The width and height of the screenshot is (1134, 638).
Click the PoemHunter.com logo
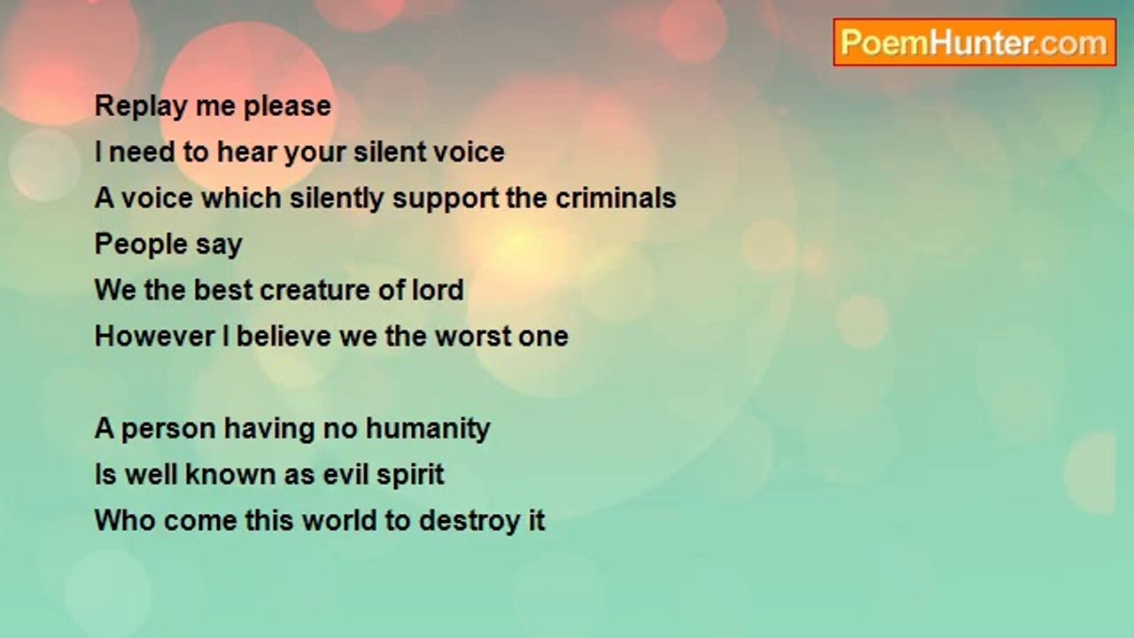coord(974,43)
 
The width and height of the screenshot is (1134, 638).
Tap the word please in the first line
coord(288,106)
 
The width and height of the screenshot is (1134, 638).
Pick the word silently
coord(338,198)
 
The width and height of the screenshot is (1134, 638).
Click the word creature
coord(337,291)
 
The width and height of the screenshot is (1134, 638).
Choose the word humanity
coord(428,430)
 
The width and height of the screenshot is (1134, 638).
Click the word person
coord(168,430)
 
